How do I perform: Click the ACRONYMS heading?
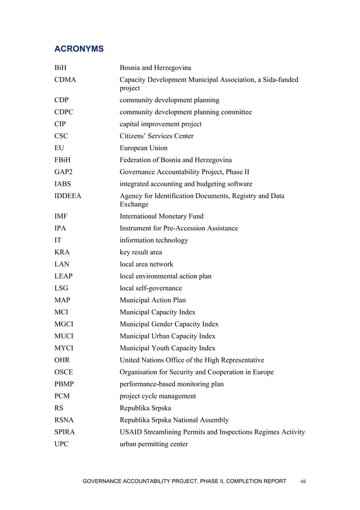click(79, 49)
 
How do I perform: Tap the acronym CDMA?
click(65, 80)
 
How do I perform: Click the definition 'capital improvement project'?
click(160, 124)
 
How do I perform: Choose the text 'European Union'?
click(143, 148)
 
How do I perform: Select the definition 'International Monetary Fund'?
click(161, 216)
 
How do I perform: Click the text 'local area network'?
click(146, 264)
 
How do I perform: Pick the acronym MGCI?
click(64, 324)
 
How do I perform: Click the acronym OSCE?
click(64, 372)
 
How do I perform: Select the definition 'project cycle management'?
click(157, 396)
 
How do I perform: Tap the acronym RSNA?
click(64, 420)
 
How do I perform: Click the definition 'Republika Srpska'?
click(145, 408)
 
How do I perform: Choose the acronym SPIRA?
click(65, 431)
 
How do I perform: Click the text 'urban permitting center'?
click(154, 444)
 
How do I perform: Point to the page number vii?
click(302, 481)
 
